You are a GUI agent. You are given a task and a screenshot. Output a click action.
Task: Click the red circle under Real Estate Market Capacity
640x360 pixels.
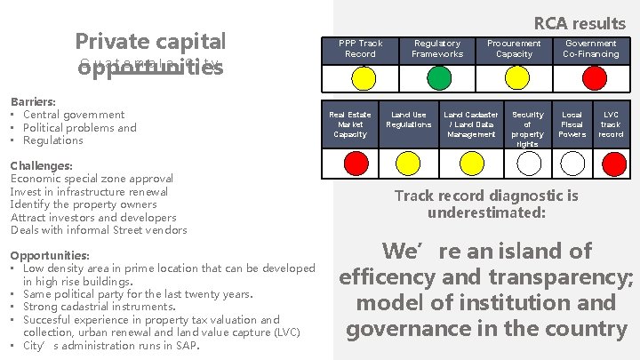[x=356, y=163]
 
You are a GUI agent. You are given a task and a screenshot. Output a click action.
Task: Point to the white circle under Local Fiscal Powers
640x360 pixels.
[x=572, y=163]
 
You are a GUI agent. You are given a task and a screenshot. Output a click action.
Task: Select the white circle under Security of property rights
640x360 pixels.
[x=529, y=163]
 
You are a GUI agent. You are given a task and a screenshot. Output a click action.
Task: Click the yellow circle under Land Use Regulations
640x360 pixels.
[x=408, y=163]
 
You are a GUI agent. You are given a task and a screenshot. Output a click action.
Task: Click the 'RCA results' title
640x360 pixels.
[x=580, y=23]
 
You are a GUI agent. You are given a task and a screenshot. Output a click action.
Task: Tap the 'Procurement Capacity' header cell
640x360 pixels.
[x=515, y=48]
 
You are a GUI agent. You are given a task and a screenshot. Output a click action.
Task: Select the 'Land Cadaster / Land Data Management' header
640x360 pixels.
[x=471, y=124]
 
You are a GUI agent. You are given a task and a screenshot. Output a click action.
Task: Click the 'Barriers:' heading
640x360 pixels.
[x=31, y=101]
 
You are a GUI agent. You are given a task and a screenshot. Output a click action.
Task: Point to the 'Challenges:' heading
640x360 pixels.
[x=41, y=165]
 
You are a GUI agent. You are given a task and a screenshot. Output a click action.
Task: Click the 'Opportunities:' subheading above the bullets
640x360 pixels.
[x=50, y=255]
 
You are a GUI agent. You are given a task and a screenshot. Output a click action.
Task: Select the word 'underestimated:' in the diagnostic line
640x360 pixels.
[x=485, y=212]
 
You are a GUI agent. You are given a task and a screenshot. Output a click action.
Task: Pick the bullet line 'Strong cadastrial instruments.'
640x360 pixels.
[x=99, y=307]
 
